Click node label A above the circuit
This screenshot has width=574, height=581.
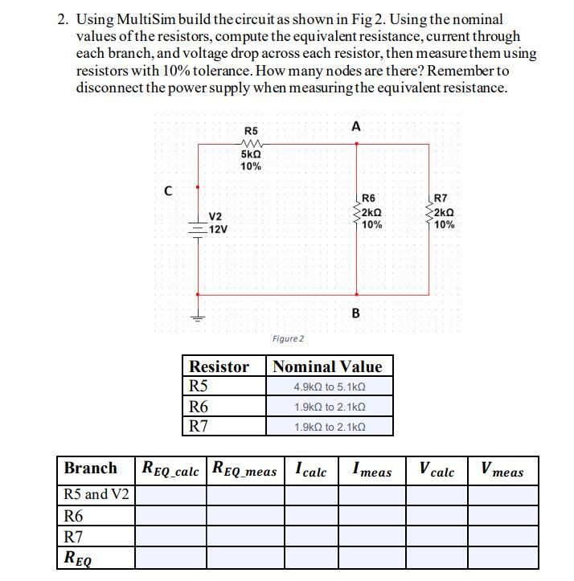click(356, 126)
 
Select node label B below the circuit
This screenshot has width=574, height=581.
click(355, 313)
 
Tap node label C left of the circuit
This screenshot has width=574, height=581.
click(167, 190)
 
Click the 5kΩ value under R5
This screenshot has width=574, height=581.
click(251, 154)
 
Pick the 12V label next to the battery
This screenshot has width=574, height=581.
click(218, 229)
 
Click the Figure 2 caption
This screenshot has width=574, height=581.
click(287, 338)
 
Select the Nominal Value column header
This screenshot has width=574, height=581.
click(328, 367)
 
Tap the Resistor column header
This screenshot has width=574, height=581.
click(219, 367)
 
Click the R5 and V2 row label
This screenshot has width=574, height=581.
click(96, 493)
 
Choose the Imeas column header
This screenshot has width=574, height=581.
click(371, 470)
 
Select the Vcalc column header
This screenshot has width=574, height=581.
click(437, 470)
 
